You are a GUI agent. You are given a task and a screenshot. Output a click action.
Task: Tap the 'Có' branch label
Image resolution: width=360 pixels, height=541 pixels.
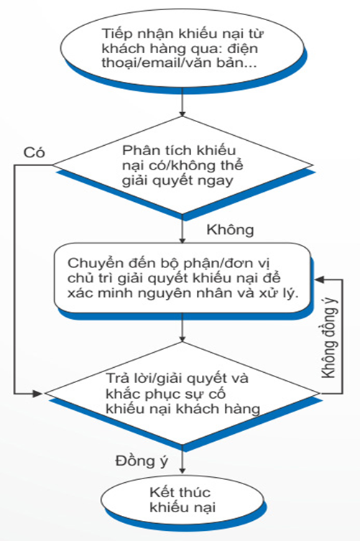(34, 152)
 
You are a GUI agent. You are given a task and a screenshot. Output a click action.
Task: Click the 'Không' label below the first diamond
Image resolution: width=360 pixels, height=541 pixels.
(230, 229)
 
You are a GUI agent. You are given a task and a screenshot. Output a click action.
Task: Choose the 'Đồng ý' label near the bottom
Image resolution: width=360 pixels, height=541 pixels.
(142, 461)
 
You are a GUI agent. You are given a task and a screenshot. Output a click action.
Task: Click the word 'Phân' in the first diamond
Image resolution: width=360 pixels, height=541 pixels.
(140, 151)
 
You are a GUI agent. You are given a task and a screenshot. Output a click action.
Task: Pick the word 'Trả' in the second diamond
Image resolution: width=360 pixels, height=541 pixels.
(117, 378)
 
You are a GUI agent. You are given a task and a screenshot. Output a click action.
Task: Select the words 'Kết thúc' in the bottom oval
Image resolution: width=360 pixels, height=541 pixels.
(180, 492)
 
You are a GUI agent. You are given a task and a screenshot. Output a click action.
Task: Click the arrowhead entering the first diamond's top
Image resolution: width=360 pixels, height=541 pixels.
(183, 114)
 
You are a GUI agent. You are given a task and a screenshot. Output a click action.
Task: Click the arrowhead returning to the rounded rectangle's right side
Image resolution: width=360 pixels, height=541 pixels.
(320, 279)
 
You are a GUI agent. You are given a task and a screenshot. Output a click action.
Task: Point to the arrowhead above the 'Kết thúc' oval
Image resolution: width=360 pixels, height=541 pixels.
(183, 470)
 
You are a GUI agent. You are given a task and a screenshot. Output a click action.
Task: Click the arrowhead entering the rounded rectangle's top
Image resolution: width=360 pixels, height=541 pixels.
(183, 240)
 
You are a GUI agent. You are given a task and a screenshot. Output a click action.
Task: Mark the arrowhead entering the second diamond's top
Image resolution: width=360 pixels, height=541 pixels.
(183, 338)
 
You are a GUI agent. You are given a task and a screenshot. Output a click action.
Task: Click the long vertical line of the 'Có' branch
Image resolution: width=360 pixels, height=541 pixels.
(14, 279)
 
